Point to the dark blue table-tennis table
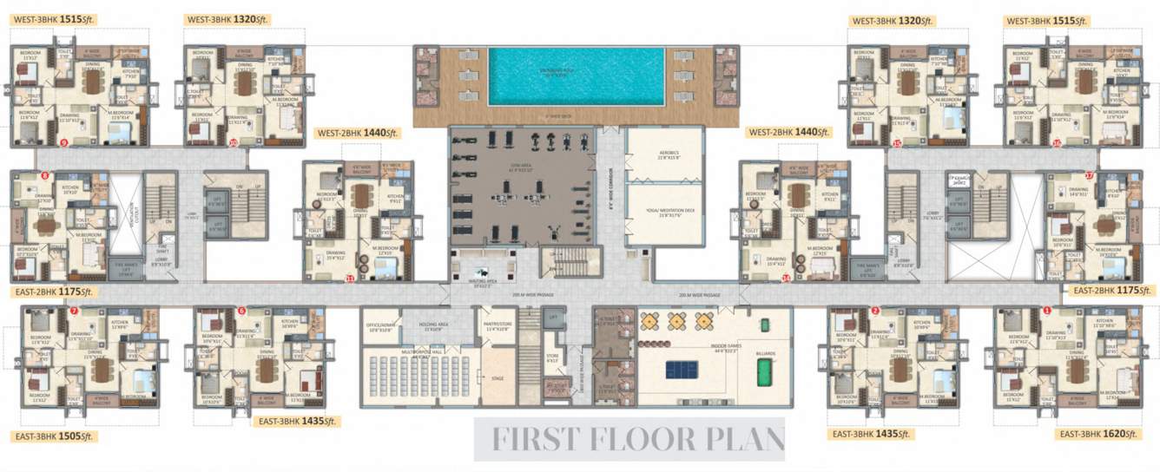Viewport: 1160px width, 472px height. click(x=681, y=370)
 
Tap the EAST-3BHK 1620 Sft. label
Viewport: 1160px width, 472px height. click(x=1104, y=433)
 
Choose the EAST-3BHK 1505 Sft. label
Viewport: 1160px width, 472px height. click(x=53, y=436)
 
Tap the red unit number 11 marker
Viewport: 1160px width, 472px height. click(x=350, y=279)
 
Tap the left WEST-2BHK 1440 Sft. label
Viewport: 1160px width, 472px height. click(x=349, y=133)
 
